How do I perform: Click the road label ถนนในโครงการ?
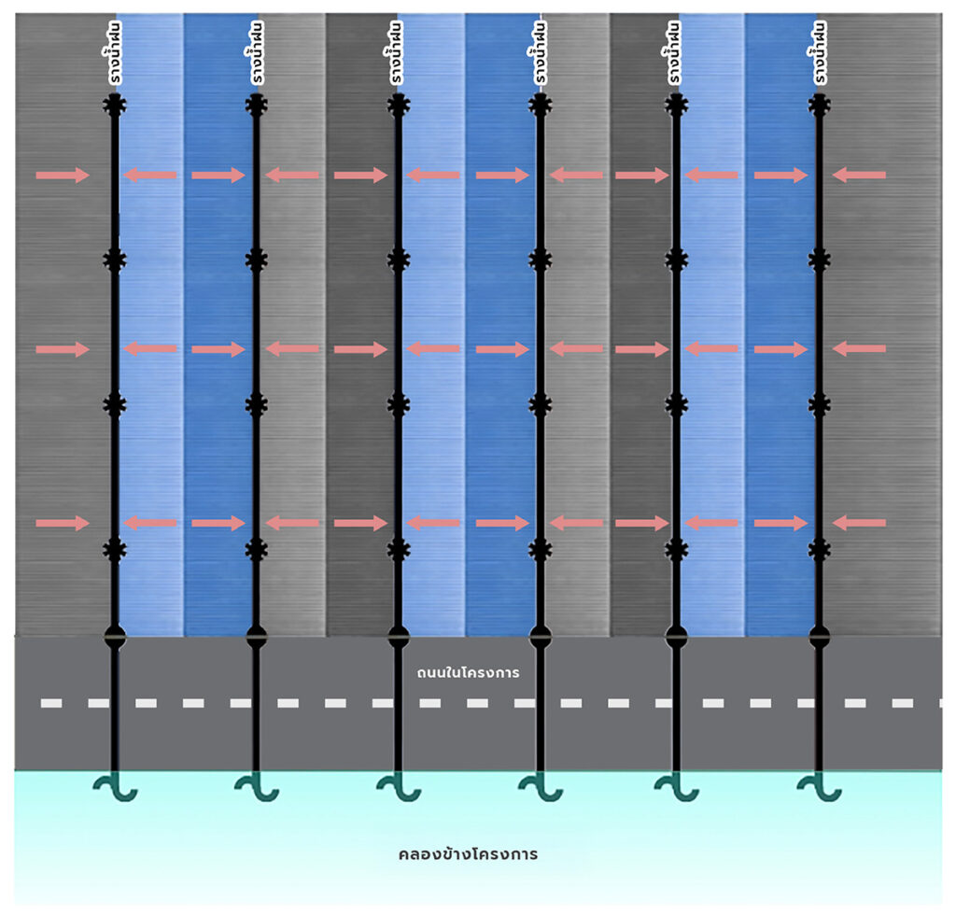tap(469, 673)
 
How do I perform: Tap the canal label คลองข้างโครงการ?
tap(469, 854)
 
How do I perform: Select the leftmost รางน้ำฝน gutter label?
tap(115, 53)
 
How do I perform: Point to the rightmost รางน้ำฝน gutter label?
tap(820, 53)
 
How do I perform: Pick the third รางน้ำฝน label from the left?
tap(398, 53)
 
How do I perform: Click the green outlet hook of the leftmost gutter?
tap(116, 787)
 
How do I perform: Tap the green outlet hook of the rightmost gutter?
tap(820, 787)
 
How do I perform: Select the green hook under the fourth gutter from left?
tap(541, 787)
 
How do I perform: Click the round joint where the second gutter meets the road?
tap(257, 637)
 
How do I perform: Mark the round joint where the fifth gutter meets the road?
tap(676, 637)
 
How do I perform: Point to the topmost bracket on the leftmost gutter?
tap(115, 106)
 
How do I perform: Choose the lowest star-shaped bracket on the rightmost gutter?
tap(820, 550)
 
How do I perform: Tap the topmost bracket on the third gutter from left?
tap(398, 106)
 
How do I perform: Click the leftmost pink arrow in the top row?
tap(63, 176)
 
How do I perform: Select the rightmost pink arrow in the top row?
tap(859, 176)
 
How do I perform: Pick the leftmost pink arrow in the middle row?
tap(63, 349)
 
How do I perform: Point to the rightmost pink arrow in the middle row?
tap(859, 349)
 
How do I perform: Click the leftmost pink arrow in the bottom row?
tap(63, 523)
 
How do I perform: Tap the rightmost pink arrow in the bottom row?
tap(859, 523)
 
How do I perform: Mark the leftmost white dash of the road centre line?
tap(51, 703)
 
